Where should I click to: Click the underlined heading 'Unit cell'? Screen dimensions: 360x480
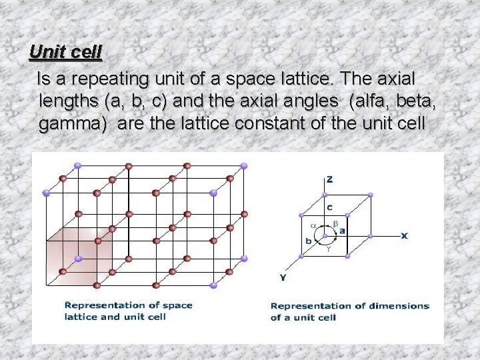[x=65, y=51]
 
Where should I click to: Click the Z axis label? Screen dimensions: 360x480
[x=329, y=179]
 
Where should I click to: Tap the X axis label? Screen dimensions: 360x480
[x=404, y=235]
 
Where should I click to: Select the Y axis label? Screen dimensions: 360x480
[x=284, y=276]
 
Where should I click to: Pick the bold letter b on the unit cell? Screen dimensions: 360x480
[x=309, y=241]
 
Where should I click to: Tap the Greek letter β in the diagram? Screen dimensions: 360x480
[x=336, y=222]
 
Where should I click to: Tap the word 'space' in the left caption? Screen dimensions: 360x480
[x=176, y=305]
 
